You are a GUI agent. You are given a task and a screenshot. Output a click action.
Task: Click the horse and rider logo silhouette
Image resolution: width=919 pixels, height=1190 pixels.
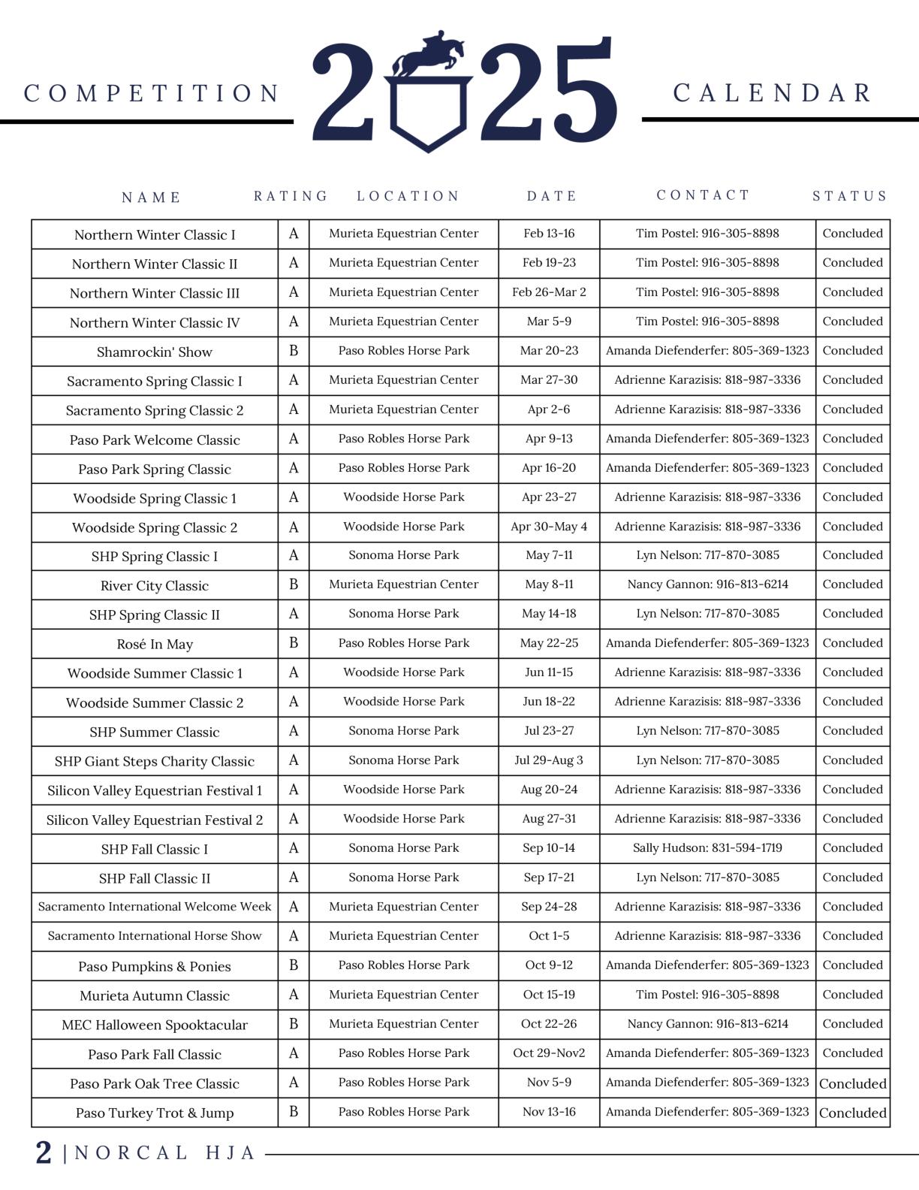(428, 55)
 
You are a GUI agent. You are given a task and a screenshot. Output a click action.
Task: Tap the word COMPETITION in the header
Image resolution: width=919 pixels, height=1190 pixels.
(152, 93)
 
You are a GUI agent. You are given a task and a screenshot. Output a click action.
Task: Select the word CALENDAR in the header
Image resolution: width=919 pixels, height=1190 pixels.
(773, 93)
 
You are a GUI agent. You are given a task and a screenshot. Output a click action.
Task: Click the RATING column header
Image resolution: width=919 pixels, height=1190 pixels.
(291, 196)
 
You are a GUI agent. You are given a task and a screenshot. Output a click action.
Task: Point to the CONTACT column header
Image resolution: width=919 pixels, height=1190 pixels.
(703, 195)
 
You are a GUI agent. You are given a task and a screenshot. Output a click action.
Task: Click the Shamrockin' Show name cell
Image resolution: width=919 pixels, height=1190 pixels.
(155, 352)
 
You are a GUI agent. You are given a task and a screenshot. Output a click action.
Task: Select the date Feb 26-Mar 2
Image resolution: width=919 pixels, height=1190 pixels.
(549, 292)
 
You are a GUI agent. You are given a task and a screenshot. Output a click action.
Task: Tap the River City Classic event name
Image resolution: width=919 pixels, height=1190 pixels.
(155, 585)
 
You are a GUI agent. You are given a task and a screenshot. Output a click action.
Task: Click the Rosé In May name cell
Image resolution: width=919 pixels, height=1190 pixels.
(155, 644)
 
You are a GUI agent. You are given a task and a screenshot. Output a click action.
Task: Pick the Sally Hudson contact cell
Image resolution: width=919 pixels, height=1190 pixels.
(707, 848)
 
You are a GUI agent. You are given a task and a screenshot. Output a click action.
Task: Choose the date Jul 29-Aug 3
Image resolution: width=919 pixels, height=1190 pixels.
(549, 760)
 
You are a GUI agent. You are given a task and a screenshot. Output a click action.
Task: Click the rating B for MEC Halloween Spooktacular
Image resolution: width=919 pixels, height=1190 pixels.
(294, 1024)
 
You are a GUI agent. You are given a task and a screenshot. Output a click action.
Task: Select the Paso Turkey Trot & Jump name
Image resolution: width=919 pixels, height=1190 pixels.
(155, 1113)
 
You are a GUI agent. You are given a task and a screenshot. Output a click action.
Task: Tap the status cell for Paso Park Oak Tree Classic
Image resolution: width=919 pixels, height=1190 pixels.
(853, 1083)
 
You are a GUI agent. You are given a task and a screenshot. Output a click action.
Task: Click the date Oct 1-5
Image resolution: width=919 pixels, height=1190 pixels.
(549, 936)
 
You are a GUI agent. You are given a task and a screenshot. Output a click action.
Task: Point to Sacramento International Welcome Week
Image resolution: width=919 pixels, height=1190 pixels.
(155, 907)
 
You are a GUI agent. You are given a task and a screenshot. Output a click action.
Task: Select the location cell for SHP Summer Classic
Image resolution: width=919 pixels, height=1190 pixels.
(404, 731)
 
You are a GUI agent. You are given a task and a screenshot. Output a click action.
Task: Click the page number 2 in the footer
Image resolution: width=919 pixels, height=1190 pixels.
(44, 1152)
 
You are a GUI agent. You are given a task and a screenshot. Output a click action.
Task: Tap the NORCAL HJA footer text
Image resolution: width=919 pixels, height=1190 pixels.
(165, 1153)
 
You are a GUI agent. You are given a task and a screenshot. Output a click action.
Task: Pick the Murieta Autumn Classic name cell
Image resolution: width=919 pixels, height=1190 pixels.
(155, 995)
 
